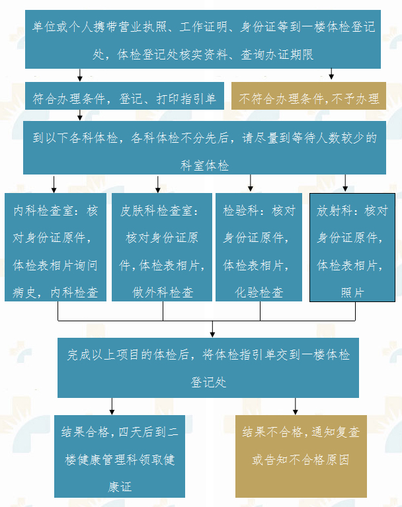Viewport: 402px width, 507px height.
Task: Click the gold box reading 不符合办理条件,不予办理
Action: point(309,96)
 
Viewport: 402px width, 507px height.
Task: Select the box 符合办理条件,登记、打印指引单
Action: point(124,96)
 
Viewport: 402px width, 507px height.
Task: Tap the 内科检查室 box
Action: point(56,247)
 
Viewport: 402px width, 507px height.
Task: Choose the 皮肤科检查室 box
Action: point(162,247)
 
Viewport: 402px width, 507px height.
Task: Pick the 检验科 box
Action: point(259,247)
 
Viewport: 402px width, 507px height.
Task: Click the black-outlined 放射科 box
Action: point(352,247)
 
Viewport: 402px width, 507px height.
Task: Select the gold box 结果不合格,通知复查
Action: point(301,456)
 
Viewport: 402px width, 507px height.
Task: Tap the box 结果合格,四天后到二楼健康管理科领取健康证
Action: point(119,456)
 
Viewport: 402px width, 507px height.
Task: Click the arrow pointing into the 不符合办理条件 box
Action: point(331,74)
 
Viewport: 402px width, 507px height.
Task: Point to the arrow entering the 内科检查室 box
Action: point(54,184)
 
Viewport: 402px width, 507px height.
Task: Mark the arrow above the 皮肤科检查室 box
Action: point(158,184)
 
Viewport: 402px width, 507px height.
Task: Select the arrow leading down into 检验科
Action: point(251,183)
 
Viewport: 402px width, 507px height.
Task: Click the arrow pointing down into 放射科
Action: point(345,183)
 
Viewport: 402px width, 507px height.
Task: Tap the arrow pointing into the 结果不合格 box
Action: point(296,407)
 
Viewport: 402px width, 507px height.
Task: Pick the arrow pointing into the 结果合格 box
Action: point(112,407)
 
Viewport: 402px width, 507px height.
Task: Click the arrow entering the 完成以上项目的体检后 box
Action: point(212,329)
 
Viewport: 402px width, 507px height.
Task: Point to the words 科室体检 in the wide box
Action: point(205,165)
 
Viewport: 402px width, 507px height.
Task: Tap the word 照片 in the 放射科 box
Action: point(352,293)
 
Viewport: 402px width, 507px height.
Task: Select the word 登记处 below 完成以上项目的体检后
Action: point(208,383)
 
